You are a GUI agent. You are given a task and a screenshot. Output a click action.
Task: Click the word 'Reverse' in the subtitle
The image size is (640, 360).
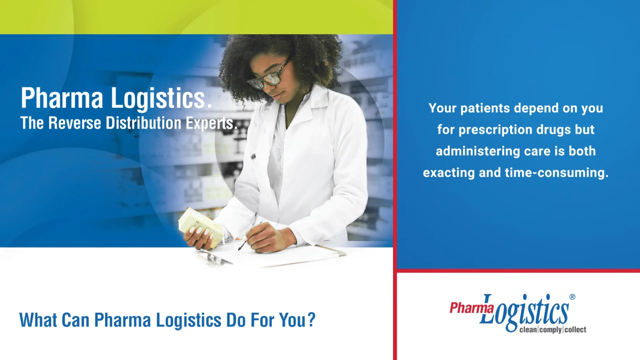click(x=75, y=123)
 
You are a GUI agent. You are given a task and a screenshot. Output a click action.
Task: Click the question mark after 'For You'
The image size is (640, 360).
click(x=311, y=320)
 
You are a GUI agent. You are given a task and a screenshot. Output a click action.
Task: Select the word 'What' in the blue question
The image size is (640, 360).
click(x=38, y=320)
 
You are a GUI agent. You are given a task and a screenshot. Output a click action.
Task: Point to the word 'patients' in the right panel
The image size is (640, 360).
click(x=485, y=108)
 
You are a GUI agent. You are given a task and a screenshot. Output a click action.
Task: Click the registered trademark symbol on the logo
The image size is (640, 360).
click(x=572, y=297)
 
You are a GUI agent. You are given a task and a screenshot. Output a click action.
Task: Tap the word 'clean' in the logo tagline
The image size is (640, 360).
click(x=528, y=330)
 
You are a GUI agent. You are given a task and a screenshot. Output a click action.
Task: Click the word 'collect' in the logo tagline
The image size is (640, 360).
click(x=575, y=330)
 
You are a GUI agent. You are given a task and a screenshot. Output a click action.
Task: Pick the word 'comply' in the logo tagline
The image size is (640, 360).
click(x=551, y=330)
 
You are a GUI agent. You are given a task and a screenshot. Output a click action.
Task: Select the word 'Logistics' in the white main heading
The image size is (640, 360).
click(x=158, y=98)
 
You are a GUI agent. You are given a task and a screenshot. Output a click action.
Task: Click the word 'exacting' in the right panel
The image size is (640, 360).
click(x=449, y=173)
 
